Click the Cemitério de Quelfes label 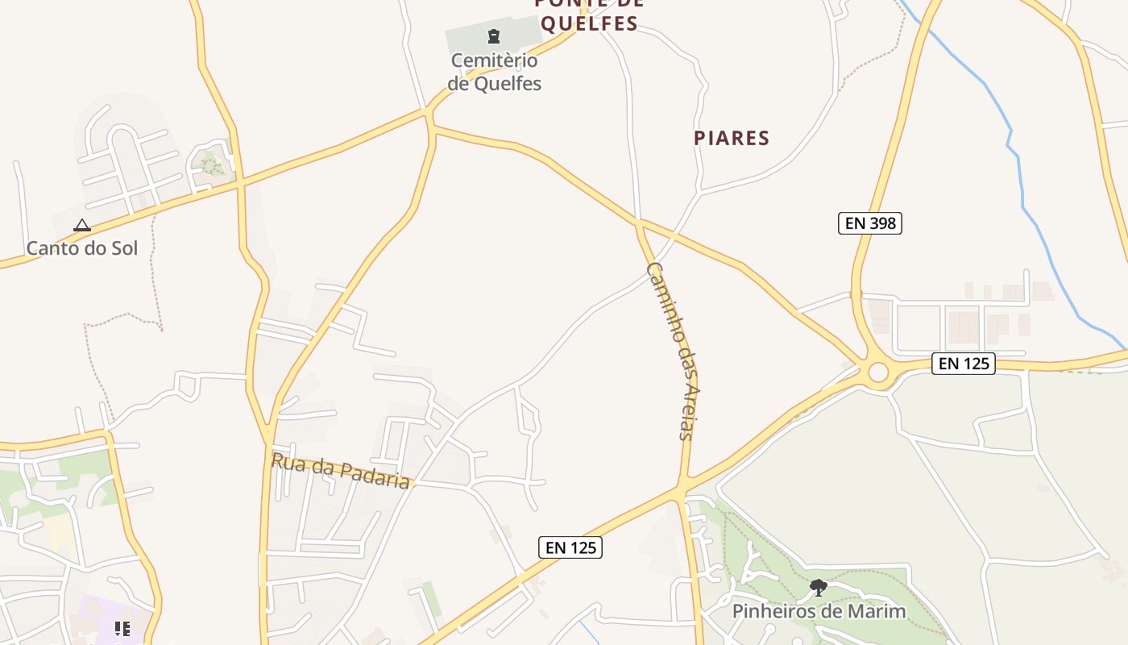click(495, 72)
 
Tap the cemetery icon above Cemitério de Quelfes click(494, 36)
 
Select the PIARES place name click(732, 138)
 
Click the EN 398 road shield click(869, 223)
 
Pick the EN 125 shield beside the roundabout click(964, 364)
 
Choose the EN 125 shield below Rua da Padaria click(570, 547)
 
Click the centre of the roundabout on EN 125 click(877, 372)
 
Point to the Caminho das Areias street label click(670, 351)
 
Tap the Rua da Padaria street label click(341, 470)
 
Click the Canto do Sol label click(82, 248)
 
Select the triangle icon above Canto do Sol click(82, 226)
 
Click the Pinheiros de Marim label click(819, 611)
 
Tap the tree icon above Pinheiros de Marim click(819, 587)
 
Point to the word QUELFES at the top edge click(589, 23)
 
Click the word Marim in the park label click(880, 611)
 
